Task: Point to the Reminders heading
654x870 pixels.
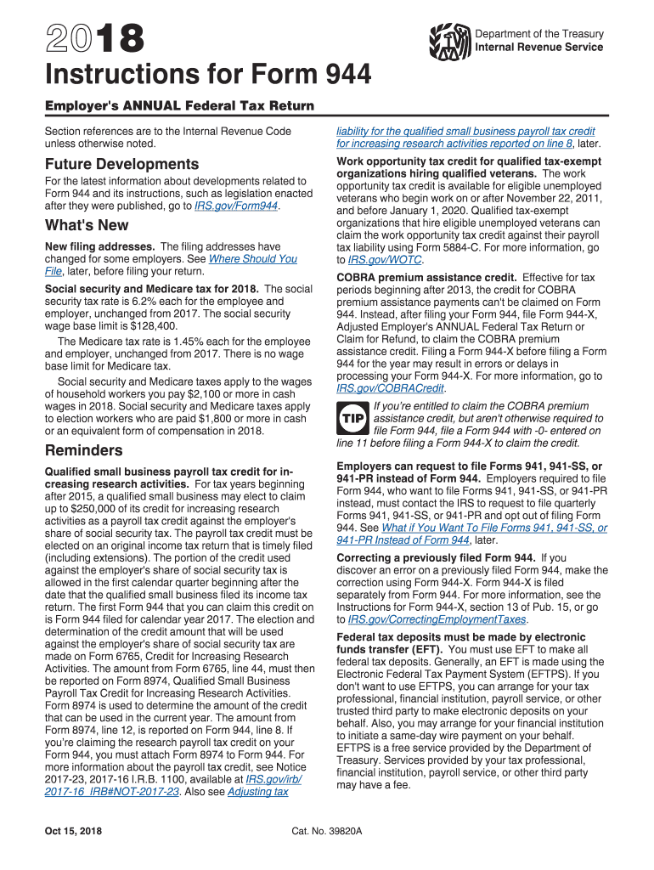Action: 83,450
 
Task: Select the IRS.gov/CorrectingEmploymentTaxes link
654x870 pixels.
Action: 438,619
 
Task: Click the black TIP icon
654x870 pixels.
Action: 352,419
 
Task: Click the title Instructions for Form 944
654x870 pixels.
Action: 208,76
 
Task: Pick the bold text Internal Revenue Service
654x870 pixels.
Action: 538,47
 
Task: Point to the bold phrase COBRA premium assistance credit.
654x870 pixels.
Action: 426,277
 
